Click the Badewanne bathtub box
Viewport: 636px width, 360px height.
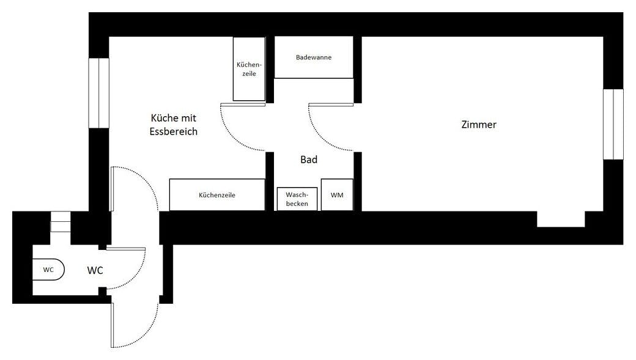(x=314, y=57)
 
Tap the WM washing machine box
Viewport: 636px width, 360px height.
(x=337, y=195)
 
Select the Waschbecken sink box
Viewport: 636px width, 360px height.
(x=297, y=199)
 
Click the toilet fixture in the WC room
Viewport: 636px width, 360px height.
(x=48, y=270)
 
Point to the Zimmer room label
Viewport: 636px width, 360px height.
(x=479, y=125)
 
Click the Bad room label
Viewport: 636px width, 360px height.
(x=309, y=160)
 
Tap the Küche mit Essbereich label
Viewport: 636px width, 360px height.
(x=174, y=125)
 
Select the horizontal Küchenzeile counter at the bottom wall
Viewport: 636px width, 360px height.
(x=217, y=194)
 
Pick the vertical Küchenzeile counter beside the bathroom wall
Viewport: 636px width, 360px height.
(x=249, y=69)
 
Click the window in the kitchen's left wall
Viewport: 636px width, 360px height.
(x=99, y=94)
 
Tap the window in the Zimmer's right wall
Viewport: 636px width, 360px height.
(x=613, y=124)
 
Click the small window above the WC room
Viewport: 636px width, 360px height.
(x=61, y=221)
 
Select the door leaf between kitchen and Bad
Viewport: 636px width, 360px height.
(x=243, y=105)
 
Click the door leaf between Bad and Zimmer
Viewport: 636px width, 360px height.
(x=331, y=105)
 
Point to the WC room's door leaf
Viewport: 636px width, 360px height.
(x=126, y=249)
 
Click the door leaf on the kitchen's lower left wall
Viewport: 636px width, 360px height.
(x=112, y=189)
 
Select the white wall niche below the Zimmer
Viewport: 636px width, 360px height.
(x=561, y=219)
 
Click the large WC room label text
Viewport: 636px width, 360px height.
(x=95, y=270)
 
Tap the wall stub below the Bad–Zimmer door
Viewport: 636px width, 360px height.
(x=358, y=182)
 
